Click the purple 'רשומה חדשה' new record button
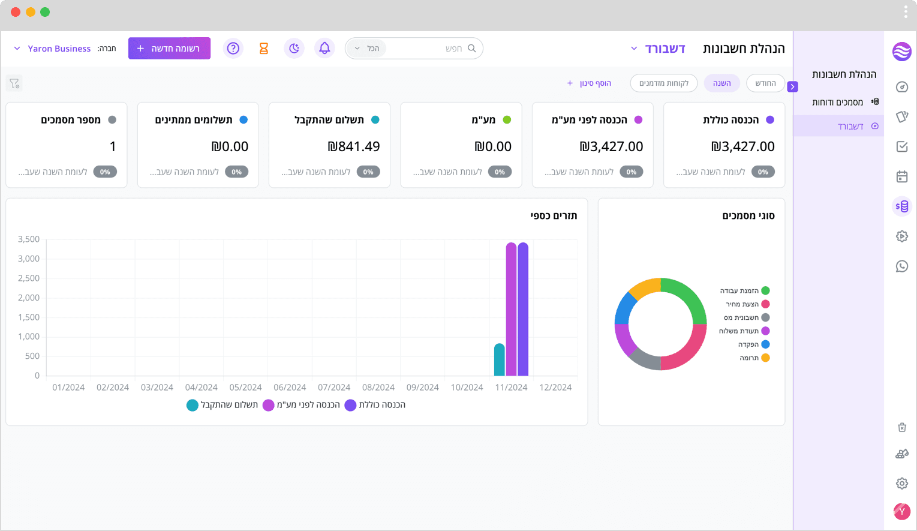[x=169, y=49]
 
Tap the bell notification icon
[x=324, y=49]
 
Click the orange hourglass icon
[x=264, y=49]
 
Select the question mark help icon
[x=233, y=49]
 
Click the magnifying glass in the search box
[x=471, y=49]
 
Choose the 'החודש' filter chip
[x=765, y=83]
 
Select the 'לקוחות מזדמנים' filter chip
[x=663, y=83]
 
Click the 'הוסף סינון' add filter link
[x=589, y=83]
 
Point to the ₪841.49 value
[x=354, y=146]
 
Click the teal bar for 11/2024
[x=500, y=359]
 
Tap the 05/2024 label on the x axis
[x=245, y=387]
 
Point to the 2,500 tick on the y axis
[x=29, y=278]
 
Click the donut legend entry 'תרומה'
[x=754, y=358]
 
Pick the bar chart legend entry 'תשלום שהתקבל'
[x=223, y=405]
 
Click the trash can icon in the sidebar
[x=902, y=427]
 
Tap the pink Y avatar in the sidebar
[x=902, y=511]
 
